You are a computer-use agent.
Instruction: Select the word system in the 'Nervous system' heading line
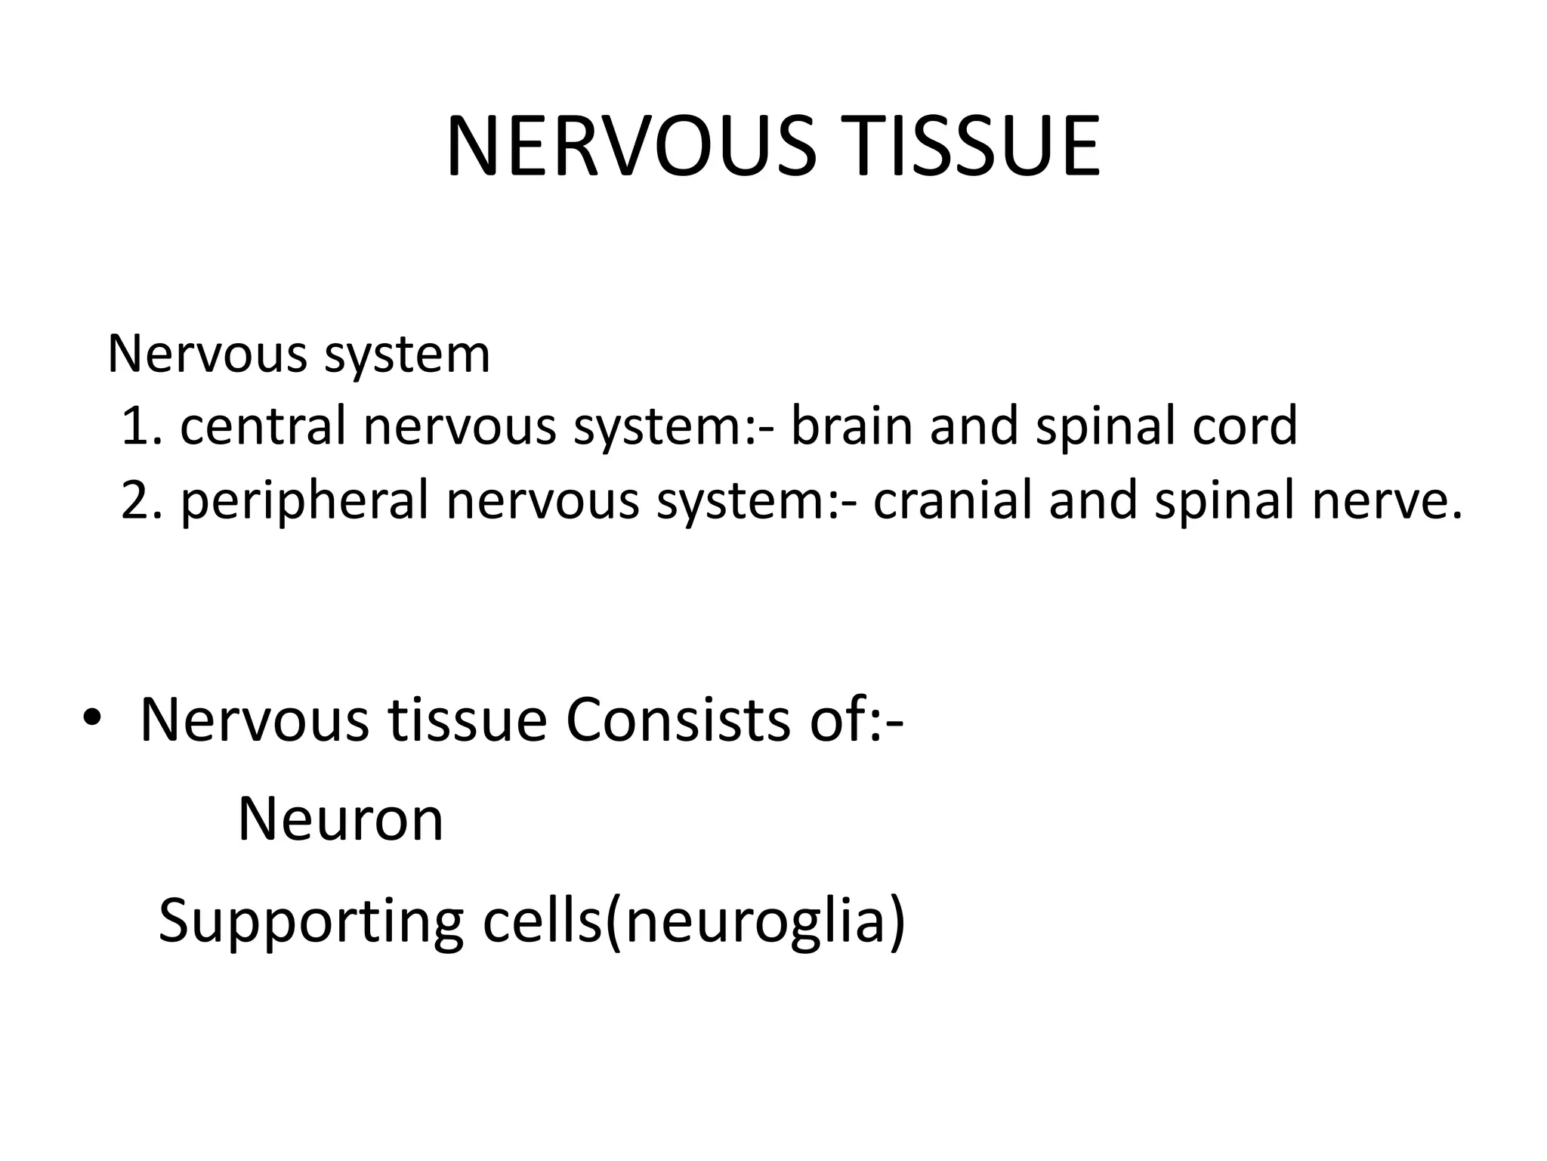407,354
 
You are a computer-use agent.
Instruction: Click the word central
262,426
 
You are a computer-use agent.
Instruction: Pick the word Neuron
341,819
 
